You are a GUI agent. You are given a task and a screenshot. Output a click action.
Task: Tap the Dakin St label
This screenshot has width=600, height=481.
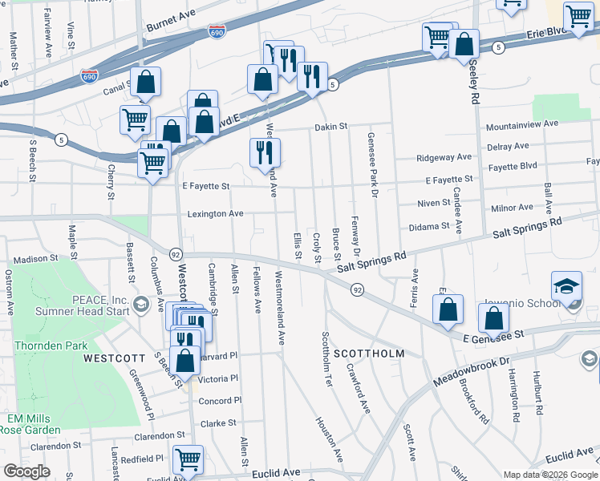click(330, 127)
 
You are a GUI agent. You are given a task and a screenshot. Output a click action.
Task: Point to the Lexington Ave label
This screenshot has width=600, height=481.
click(215, 214)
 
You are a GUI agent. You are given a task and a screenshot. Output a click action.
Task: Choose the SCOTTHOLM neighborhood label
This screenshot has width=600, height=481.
click(368, 354)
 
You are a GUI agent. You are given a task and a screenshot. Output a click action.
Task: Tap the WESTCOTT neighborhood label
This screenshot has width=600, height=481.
click(114, 358)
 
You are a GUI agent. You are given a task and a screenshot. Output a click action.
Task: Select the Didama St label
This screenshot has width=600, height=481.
click(428, 227)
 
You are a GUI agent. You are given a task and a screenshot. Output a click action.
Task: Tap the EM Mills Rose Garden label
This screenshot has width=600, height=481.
click(29, 424)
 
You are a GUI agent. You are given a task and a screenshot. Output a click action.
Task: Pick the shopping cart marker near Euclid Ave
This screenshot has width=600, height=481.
click(188, 459)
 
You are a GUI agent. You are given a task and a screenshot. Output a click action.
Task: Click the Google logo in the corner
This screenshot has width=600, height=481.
click(27, 471)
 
